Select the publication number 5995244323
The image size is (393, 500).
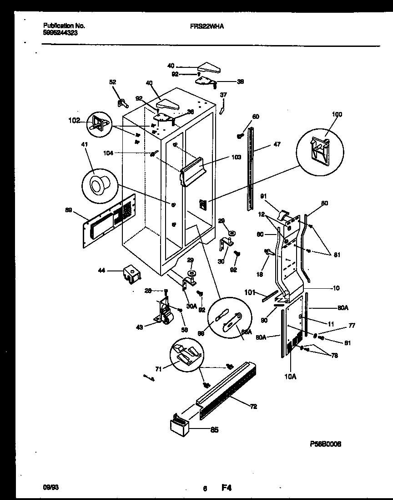pos(60,33)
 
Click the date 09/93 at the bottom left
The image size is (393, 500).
pos(49,488)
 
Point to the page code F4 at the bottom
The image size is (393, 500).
pos(226,488)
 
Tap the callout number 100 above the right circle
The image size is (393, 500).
pos(337,114)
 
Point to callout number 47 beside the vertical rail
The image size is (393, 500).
pos(277,144)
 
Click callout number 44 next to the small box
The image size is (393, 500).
pos(101,270)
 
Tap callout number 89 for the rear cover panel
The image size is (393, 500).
pos(69,210)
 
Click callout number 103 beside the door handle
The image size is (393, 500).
pos(236,157)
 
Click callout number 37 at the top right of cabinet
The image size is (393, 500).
pos(223,95)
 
